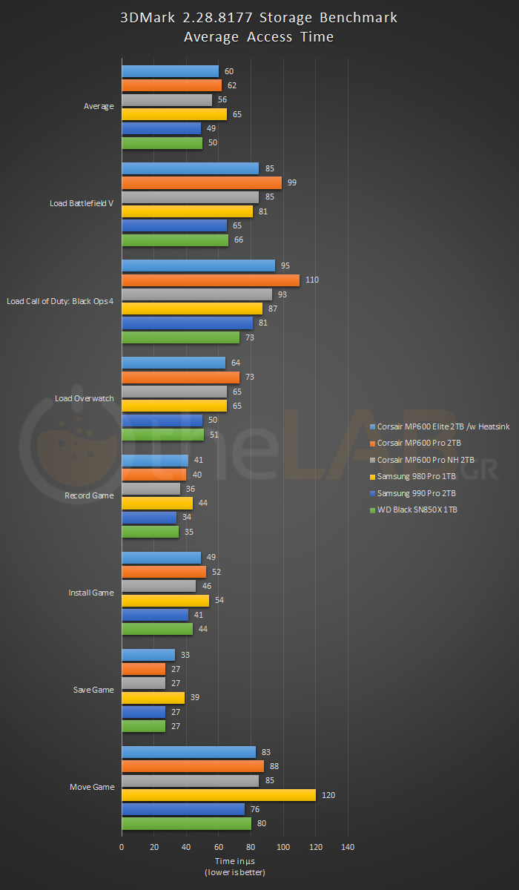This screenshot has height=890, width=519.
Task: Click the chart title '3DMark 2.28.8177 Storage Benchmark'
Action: coord(259,18)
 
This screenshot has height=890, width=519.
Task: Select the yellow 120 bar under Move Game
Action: coord(219,795)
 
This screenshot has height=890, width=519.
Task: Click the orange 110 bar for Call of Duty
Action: coord(211,280)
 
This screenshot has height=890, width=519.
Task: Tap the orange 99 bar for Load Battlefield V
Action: coord(202,183)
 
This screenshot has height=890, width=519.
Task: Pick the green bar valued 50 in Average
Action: coord(162,143)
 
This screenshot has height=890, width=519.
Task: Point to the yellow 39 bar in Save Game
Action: coord(153,698)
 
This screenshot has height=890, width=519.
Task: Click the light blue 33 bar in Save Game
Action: coord(148,655)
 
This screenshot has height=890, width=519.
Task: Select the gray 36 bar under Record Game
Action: coord(151,489)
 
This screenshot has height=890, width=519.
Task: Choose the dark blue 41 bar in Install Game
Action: coord(155,615)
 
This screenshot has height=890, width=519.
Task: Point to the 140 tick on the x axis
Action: coord(348,847)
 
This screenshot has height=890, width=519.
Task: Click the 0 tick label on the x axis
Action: coord(122,847)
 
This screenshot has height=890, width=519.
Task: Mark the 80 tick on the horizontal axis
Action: coord(251,847)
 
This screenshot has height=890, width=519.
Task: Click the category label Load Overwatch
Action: coord(85,398)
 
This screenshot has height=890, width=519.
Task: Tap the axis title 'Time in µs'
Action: coord(234,861)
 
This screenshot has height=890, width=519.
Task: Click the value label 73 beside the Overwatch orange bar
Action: coord(250,378)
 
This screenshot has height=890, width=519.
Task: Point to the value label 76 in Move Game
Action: coord(255,809)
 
